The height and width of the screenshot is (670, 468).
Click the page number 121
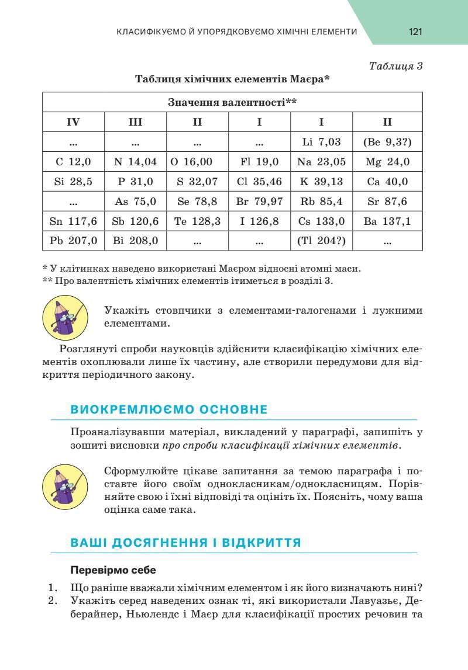(415, 32)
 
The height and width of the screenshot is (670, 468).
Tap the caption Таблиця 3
(396, 65)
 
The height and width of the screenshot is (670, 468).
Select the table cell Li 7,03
(321, 142)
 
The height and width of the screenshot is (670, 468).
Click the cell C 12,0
(73, 162)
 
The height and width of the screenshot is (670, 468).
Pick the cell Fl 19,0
(259, 162)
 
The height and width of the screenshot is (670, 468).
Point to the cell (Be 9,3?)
(387, 142)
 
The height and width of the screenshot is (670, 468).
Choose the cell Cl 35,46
(259, 182)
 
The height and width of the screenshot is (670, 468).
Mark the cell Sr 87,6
(387, 202)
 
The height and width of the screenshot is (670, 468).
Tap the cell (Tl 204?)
(321, 241)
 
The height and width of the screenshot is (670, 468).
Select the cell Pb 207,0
(73, 241)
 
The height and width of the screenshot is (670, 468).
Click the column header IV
(73, 122)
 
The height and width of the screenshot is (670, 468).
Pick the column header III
(135, 122)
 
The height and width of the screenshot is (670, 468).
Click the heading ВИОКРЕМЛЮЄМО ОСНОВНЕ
(168, 409)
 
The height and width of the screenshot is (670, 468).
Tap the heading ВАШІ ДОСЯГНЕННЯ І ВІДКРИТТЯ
(185, 543)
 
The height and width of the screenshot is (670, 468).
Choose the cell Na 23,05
(321, 162)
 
